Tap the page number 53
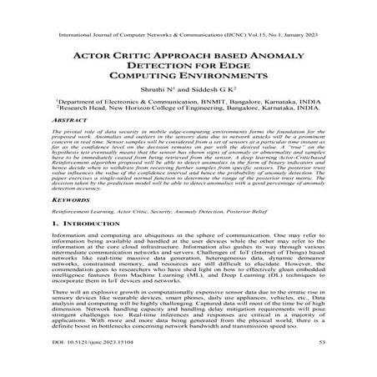click(x=326, y=364)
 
